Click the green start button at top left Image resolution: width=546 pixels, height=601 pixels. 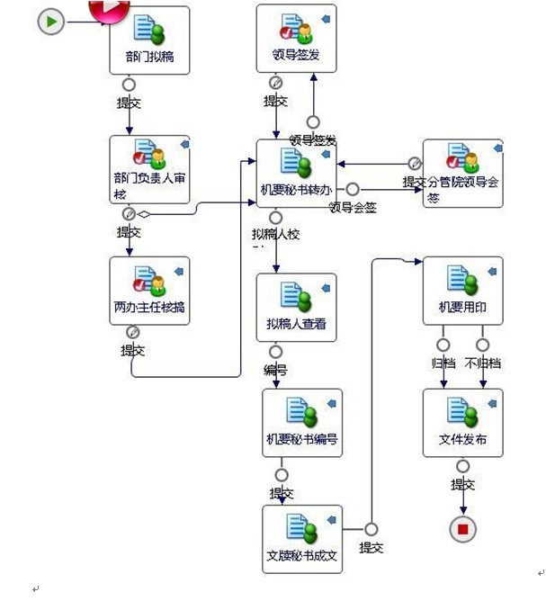[51, 22]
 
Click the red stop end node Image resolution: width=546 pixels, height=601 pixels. [462, 529]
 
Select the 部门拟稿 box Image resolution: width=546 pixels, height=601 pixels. [149, 40]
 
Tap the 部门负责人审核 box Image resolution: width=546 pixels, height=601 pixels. [149, 169]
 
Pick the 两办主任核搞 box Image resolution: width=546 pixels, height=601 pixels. [149, 290]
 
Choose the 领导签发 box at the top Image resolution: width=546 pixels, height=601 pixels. [296, 38]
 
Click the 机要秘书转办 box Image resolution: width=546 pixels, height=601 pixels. [296, 172]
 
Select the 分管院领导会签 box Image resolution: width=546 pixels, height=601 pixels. [462, 173]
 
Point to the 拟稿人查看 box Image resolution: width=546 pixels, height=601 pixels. [296, 307]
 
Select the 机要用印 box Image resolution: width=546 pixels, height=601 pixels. [462, 290]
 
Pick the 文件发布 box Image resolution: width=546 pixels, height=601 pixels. [462, 422]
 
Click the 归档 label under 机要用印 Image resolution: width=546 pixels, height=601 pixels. [443, 363]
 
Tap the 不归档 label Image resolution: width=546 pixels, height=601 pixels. [484, 363]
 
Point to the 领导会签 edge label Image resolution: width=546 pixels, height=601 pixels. [352, 207]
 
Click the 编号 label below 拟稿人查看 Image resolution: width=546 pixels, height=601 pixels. [275, 370]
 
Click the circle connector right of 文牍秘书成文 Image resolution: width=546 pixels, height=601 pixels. [371, 529]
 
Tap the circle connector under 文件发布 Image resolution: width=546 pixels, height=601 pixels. [462, 466]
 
